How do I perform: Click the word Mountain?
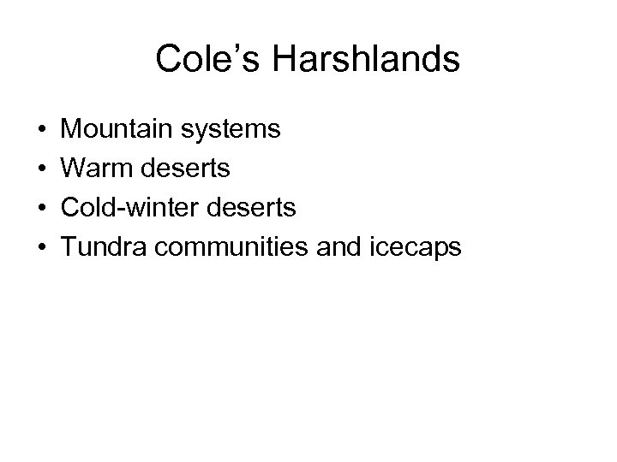[117, 130]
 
